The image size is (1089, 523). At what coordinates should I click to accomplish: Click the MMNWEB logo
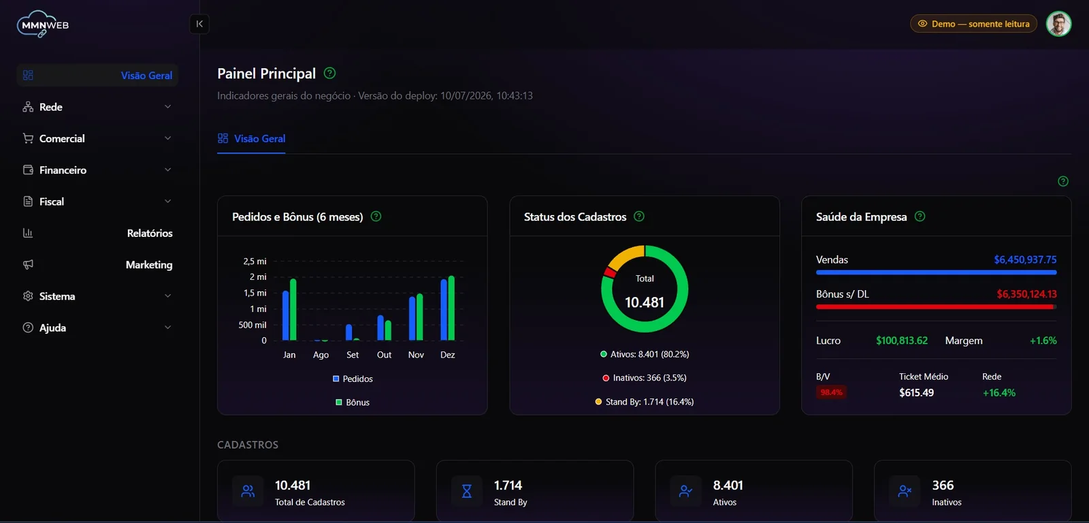pyautogui.click(x=43, y=24)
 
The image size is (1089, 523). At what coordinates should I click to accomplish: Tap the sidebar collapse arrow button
pyautogui.click(x=199, y=24)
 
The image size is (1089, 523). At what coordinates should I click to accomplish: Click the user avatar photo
pyautogui.click(x=1058, y=24)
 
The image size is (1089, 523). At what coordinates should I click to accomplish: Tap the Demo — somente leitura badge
pyautogui.click(x=973, y=24)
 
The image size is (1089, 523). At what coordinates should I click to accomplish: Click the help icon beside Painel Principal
pyautogui.click(x=329, y=73)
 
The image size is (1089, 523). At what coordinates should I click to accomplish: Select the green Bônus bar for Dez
pyautogui.click(x=452, y=308)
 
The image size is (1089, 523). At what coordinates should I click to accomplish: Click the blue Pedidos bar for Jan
pyautogui.click(x=286, y=316)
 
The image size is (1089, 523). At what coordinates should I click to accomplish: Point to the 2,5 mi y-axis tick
pyautogui.click(x=255, y=261)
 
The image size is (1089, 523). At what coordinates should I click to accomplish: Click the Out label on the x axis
pyautogui.click(x=384, y=355)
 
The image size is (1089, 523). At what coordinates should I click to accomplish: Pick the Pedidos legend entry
pyautogui.click(x=353, y=379)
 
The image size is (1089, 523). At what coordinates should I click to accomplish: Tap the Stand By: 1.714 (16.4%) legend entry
pyautogui.click(x=645, y=401)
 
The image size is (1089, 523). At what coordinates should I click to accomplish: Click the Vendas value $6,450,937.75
pyautogui.click(x=1025, y=259)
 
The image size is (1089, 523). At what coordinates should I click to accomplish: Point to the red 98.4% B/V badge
pyautogui.click(x=831, y=392)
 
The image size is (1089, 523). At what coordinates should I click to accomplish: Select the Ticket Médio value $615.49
pyautogui.click(x=916, y=393)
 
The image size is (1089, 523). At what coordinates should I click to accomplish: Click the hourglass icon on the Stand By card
pyautogui.click(x=467, y=492)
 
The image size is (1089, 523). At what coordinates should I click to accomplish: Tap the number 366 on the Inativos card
pyautogui.click(x=943, y=485)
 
